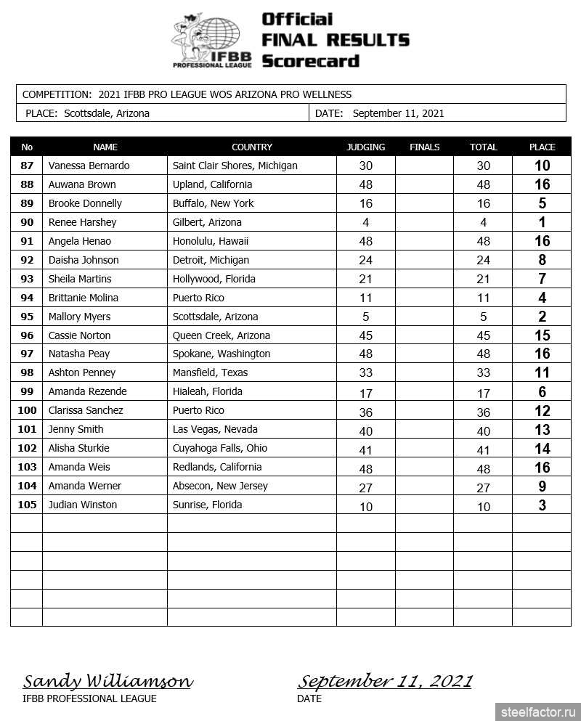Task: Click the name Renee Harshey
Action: [83, 222]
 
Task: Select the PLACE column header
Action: [542, 147]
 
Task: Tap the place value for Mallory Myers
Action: [542, 317]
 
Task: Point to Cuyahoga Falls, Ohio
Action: [220, 448]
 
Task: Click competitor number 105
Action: [27, 505]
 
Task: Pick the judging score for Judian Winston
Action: [366, 506]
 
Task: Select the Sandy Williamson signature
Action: [108, 682]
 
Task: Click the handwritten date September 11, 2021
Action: [384, 682]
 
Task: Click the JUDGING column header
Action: [366, 147]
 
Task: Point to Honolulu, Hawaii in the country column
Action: [211, 241]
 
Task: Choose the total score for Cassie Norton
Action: [483, 335]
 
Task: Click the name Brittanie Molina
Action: [84, 298]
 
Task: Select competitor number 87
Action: [27, 166]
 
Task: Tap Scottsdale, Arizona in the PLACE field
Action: [107, 113]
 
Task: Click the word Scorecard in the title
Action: [311, 61]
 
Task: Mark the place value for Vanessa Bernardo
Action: [542, 166]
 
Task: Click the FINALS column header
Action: [425, 147]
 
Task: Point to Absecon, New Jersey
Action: [220, 486]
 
